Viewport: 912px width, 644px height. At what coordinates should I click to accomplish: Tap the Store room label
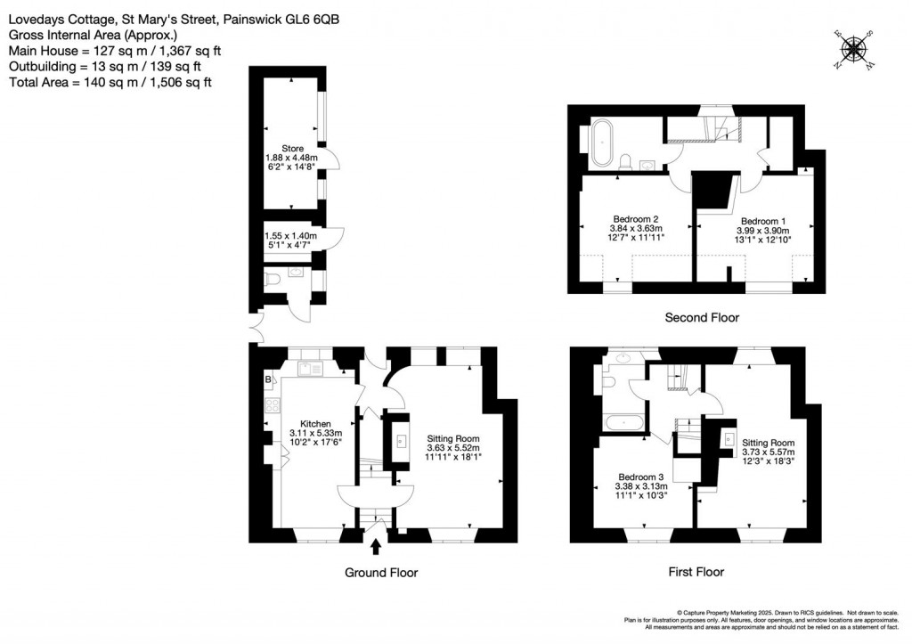pyautogui.click(x=292, y=149)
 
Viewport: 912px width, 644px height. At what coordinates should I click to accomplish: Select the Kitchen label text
pyautogui.click(x=315, y=424)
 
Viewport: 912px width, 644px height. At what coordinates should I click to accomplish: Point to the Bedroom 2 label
pyautogui.click(x=636, y=219)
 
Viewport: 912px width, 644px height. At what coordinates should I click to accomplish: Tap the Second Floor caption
pyautogui.click(x=703, y=317)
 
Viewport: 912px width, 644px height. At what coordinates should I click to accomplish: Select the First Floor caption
pyautogui.click(x=696, y=572)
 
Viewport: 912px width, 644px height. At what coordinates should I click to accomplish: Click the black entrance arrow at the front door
pyautogui.click(x=375, y=545)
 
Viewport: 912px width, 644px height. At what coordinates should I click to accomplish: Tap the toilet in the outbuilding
pyautogui.click(x=275, y=280)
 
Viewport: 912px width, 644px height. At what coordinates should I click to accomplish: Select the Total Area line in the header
pyautogui.click(x=110, y=82)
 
